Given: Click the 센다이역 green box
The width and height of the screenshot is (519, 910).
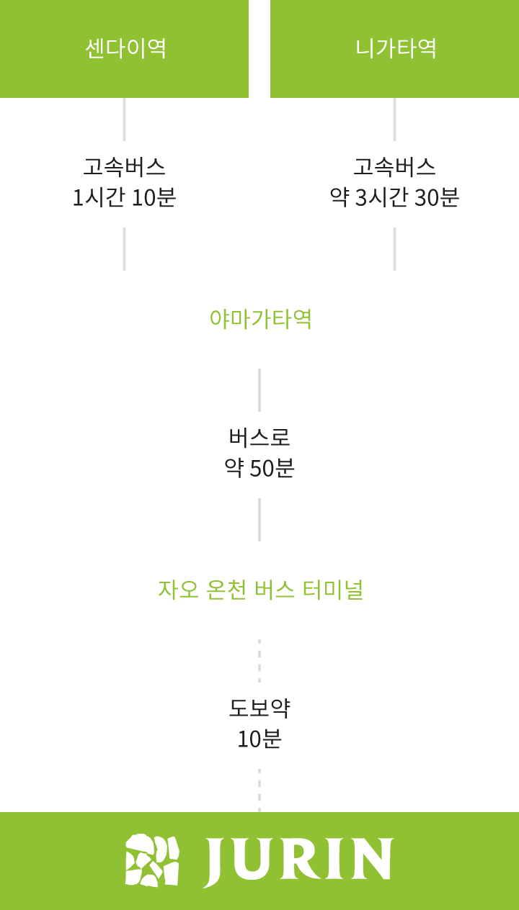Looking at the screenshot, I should (x=124, y=48).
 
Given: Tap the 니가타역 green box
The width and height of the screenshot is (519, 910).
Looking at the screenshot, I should (x=395, y=48).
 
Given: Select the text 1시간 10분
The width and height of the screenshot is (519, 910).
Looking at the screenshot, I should (x=124, y=197).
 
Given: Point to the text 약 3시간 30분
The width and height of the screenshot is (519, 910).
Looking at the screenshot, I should (x=394, y=197).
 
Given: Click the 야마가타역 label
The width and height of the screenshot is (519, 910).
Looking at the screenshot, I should (x=260, y=319).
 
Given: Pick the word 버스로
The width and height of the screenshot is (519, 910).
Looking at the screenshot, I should (x=259, y=437).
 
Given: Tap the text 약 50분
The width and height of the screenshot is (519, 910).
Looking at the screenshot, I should (x=259, y=468).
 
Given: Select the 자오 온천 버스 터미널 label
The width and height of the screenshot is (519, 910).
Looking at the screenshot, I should (x=260, y=590).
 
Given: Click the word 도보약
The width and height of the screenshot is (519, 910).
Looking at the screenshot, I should (x=259, y=708).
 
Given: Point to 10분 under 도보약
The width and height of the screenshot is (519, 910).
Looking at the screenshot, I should (x=259, y=739).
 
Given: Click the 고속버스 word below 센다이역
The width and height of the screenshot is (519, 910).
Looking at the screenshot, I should (x=124, y=167).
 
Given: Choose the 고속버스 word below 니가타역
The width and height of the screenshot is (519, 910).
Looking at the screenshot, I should (x=394, y=167).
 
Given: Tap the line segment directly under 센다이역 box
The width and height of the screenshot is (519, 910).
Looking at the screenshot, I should (x=124, y=120).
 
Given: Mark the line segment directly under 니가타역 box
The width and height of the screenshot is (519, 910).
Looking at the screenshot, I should (x=394, y=120).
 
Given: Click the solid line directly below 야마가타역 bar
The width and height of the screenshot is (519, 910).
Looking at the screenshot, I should (x=259, y=389).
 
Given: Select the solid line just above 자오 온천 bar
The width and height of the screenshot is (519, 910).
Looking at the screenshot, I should (x=259, y=519).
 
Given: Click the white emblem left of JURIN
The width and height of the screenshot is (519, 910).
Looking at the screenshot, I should (x=152, y=860).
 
